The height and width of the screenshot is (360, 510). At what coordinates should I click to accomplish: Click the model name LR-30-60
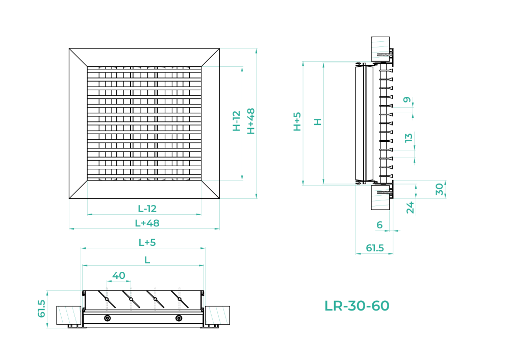point(357,305)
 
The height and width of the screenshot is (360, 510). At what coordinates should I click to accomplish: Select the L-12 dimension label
point(147,209)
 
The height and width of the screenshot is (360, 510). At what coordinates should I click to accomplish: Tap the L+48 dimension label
point(147,223)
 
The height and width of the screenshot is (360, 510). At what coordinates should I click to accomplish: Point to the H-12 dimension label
point(237,121)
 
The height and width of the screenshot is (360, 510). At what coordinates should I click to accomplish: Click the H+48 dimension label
point(251,121)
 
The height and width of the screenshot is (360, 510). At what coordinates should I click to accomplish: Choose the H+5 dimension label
point(297,122)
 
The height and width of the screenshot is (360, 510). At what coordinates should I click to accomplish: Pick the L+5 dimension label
point(147,242)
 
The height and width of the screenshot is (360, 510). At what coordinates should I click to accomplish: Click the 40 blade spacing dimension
point(119,276)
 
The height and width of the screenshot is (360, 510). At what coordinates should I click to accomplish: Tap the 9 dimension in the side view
point(407,99)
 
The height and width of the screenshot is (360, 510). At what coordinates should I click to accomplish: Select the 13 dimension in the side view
point(409,138)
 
